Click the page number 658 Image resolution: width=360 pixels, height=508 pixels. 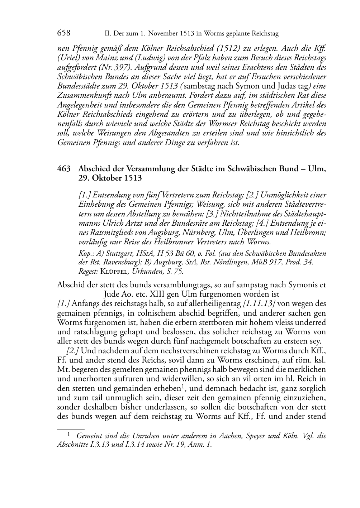63,33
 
